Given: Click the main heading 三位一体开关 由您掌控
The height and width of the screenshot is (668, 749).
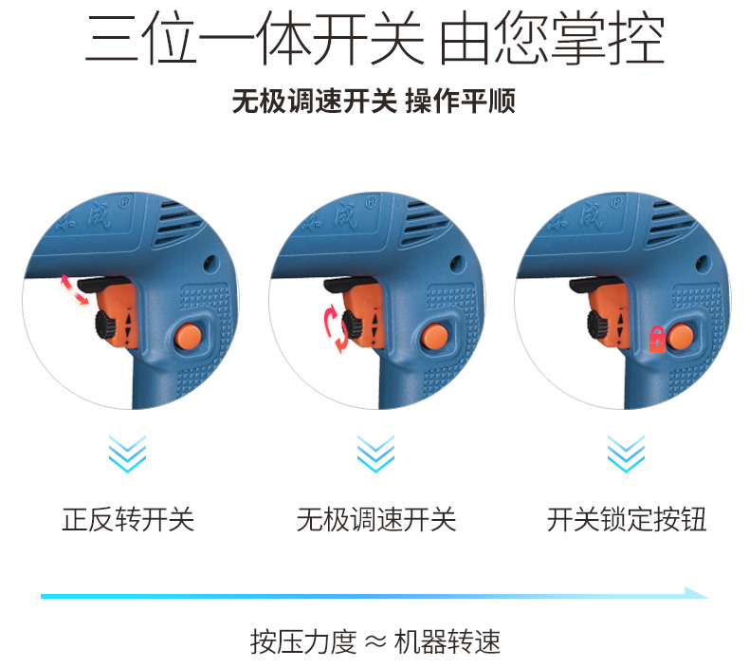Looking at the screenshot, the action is click(375, 39).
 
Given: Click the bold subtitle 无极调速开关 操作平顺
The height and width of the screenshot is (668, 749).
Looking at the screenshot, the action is click(374, 102).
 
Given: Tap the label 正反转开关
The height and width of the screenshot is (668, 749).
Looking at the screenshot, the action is click(128, 519).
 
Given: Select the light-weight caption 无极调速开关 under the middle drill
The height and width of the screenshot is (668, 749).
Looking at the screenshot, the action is click(376, 519).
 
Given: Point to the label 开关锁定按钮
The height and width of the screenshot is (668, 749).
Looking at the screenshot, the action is click(627, 519).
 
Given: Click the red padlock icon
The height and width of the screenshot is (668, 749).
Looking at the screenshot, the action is click(657, 339).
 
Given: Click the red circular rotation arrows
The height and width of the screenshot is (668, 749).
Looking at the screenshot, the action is click(336, 329).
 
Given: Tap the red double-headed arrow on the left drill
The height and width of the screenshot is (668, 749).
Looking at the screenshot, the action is click(75, 289).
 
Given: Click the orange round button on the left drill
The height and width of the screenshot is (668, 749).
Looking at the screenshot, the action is click(188, 336).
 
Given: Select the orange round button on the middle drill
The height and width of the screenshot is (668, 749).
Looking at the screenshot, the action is click(434, 336).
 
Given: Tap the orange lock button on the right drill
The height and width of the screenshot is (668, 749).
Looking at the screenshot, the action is click(680, 336).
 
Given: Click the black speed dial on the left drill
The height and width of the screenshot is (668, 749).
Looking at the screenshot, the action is click(105, 325).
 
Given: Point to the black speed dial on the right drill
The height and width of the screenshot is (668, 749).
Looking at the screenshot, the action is click(597, 325).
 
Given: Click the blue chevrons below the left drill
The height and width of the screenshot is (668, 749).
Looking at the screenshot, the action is click(128, 454).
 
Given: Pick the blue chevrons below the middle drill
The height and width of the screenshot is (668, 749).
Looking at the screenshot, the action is click(376, 454).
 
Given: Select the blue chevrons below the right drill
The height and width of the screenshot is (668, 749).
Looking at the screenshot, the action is click(626, 454).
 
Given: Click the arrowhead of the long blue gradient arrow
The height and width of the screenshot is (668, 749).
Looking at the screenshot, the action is click(697, 593).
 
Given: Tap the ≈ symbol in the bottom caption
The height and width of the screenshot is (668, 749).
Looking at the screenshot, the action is click(376, 642).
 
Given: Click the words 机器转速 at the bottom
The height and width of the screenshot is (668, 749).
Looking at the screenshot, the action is click(448, 641).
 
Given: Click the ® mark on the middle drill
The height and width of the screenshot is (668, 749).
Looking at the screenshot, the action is click(371, 203).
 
